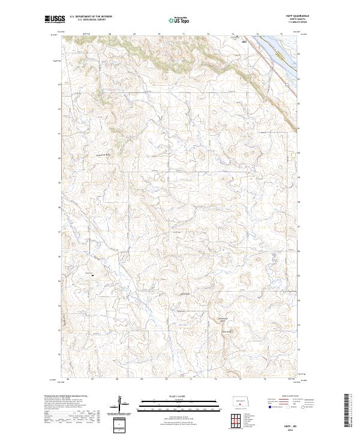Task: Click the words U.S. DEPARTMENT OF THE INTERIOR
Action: click(x=91, y=17)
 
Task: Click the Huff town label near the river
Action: click(x=244, y=42)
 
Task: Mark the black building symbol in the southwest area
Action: click(x=93, y=275)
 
